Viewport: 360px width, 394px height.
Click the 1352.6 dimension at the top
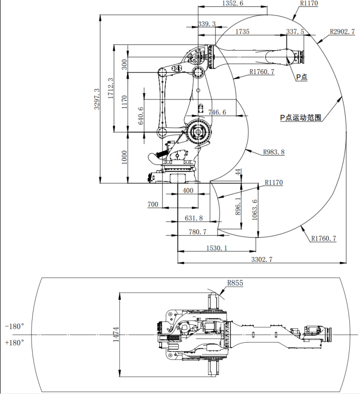click(232, 3)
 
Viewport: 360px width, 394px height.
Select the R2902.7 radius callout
click(343, 32)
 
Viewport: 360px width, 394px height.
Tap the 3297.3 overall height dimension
click(96, 99)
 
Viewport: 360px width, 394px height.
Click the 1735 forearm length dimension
click(242, 32)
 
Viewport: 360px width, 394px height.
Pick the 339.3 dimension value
click(207, 23)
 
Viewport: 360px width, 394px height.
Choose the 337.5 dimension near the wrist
click(295, 32)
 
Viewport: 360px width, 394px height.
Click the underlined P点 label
click(302, 77)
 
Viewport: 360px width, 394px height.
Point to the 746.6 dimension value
click(217, 112)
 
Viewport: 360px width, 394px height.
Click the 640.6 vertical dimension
click(141, 116)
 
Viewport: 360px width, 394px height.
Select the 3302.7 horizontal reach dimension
click(262, 259)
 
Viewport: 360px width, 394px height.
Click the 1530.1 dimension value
click(216, 248)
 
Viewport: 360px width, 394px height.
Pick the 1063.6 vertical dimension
click(254, 210)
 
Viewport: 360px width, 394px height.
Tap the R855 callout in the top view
click(235, 283)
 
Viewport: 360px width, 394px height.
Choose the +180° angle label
click(15, 343)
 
